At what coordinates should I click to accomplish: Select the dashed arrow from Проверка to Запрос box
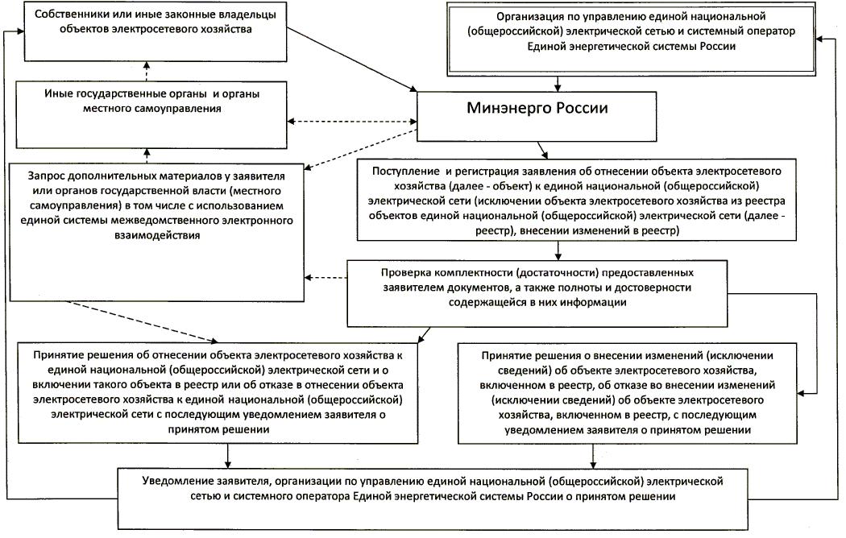[x=326, y=279]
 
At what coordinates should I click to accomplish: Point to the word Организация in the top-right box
[x=528, y=15]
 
